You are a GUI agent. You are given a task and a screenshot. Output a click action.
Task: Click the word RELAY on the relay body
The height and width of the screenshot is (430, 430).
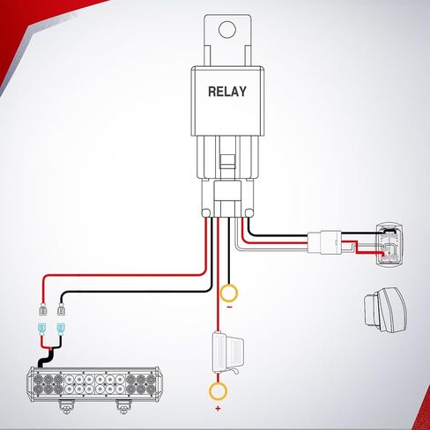pos(227,92)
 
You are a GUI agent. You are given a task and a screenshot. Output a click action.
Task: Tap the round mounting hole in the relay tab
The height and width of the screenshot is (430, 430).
pos(227,29)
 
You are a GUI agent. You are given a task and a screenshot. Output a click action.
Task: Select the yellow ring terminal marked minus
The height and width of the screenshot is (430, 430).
pos(229,293)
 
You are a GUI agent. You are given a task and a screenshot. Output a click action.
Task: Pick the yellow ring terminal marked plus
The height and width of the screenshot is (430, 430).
pos(218,391)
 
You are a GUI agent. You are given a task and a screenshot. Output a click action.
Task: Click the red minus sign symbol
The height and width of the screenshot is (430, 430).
pos(229,308)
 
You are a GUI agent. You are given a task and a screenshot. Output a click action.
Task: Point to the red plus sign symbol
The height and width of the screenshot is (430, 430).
pos(218,408)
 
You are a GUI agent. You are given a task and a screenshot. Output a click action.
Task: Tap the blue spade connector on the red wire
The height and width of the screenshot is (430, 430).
pos(42,329)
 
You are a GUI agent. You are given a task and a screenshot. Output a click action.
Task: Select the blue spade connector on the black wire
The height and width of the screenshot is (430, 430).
pos(61,329)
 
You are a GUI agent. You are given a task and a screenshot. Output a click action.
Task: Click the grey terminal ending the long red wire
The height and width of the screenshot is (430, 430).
pos(43,310)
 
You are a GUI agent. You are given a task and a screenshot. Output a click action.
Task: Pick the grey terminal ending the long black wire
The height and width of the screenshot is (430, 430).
pos(61,310)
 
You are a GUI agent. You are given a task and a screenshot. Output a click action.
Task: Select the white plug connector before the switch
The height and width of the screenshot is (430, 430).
pos(324,242)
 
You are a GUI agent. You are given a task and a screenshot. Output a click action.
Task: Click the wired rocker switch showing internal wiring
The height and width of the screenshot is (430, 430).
pos(390,245)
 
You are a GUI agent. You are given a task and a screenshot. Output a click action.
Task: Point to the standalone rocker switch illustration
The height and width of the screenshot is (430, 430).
pos(386,310)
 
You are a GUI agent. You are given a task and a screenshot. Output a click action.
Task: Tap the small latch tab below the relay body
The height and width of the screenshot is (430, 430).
pos(227,162)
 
